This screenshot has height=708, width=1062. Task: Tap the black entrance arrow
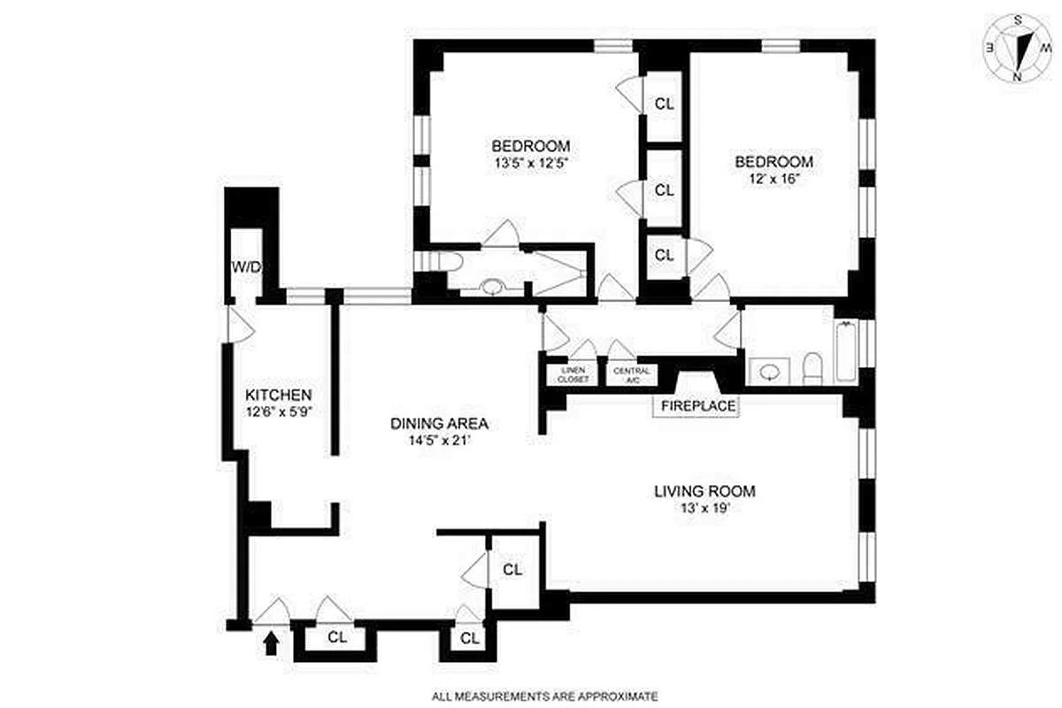tap(271, 643)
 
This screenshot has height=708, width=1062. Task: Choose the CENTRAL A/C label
tap(633, 375)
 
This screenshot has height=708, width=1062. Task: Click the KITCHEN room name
tap(278, 395)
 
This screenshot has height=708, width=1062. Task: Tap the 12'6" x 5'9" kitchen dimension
tap(278, 411)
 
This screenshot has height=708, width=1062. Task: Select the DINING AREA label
tap(439, 423)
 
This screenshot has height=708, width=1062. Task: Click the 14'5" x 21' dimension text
tap(439, 439)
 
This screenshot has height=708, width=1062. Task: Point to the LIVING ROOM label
tap(704, 492)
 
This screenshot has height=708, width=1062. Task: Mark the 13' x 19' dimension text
tap(704, 508)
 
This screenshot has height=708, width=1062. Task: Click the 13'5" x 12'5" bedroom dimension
tap(531, 163)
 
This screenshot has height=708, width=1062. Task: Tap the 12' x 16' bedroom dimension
tap(773, 178)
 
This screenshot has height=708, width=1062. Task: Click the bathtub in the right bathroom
tap(843, 351)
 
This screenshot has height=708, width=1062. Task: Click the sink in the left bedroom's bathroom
tap(491, 287)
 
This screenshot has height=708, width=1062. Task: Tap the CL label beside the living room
tap(512, 570)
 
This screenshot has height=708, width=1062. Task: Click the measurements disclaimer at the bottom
tap(545, 696)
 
